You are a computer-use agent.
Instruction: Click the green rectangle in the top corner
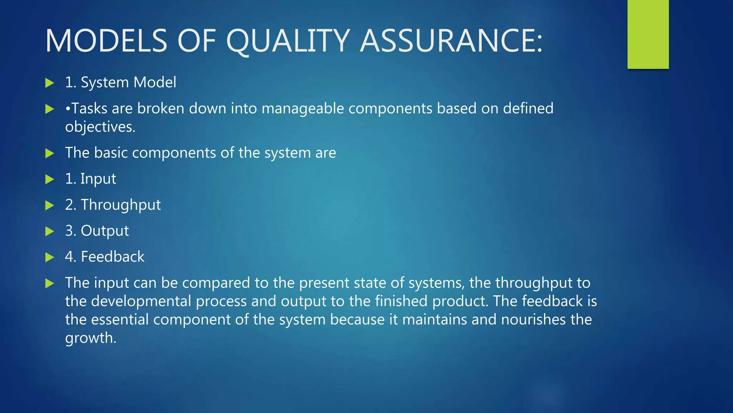pos(648,34)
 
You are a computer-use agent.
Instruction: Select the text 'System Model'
pos(128,82)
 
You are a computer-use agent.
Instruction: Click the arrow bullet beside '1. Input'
pos(49,179)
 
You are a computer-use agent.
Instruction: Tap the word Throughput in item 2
pos(121,205)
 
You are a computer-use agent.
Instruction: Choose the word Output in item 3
pos(105,231)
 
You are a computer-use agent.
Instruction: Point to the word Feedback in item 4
pos(113,257)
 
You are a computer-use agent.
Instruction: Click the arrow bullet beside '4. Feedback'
pos(49,257)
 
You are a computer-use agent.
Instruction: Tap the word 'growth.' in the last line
pos(91,338)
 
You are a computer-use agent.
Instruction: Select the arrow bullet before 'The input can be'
pos(49,284)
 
